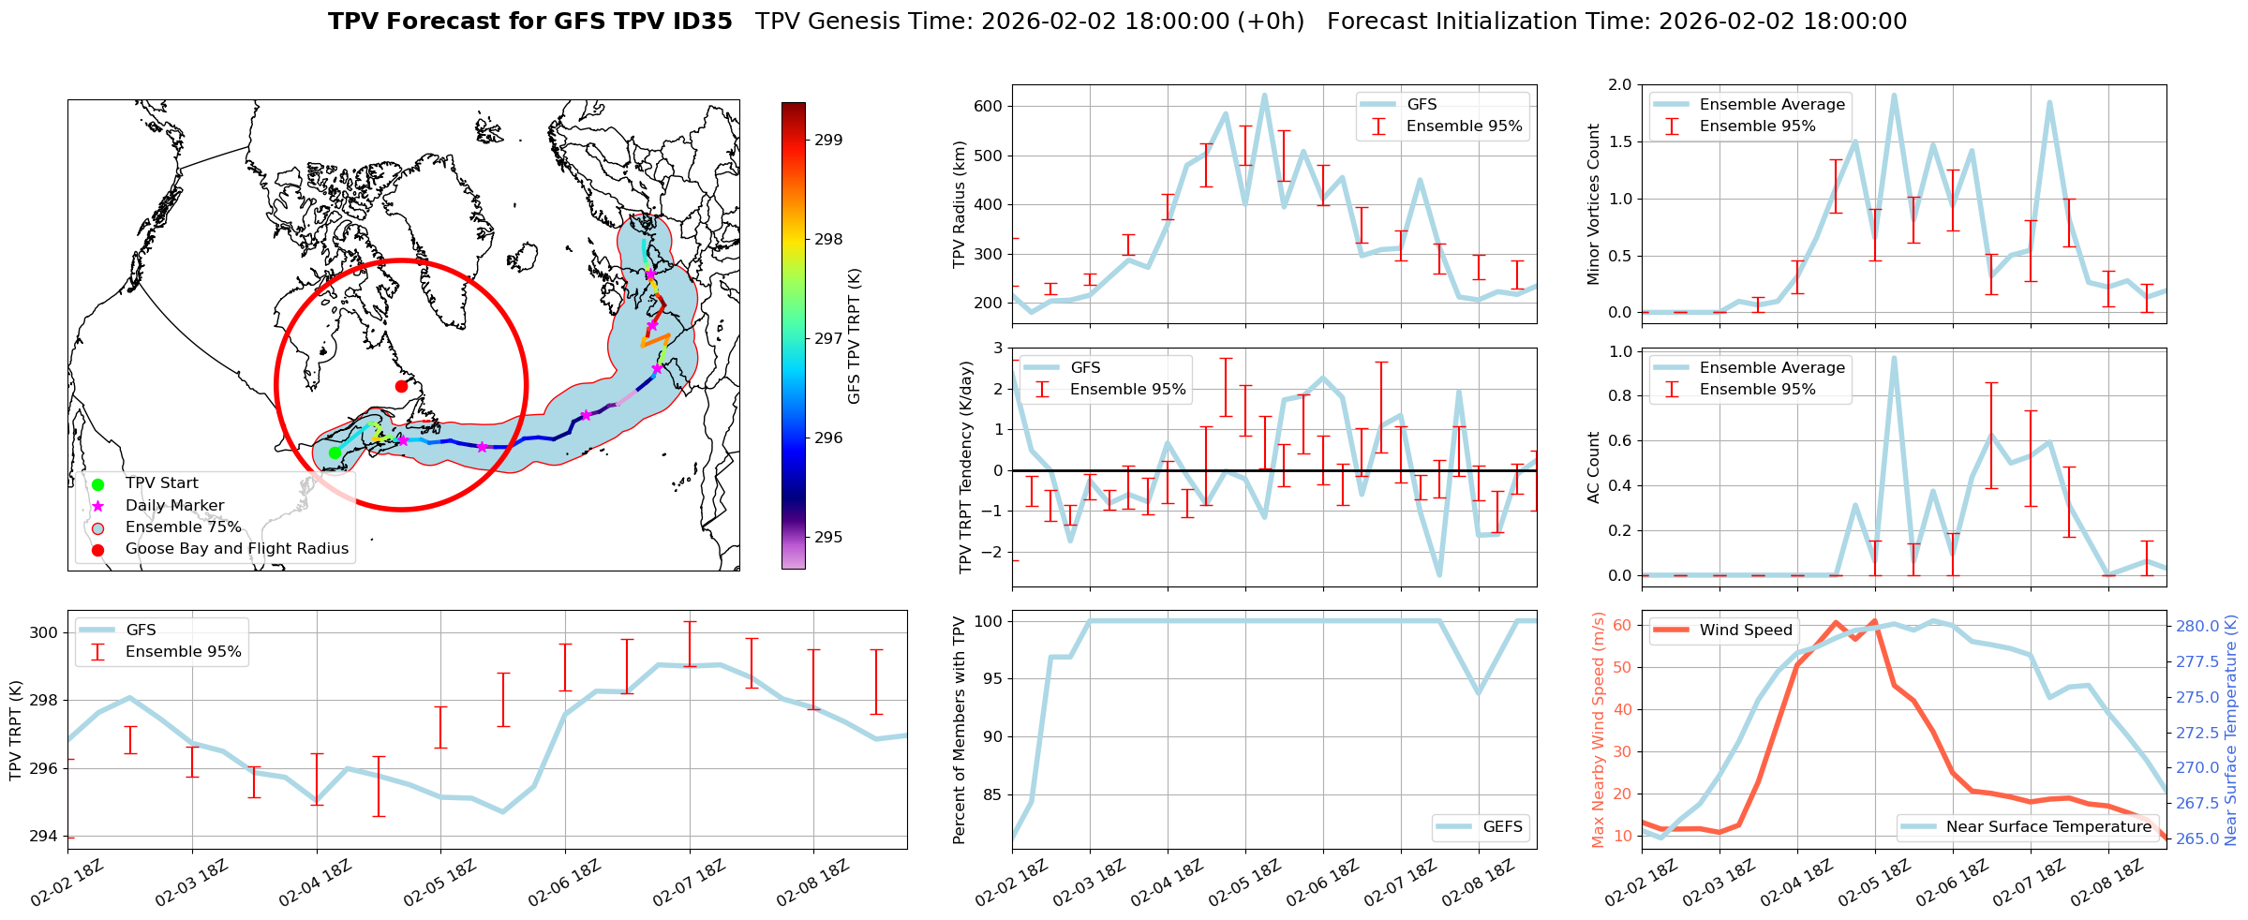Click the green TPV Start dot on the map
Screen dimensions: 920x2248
click(x=335, y=453)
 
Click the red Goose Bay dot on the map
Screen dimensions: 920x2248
click(x=401, y=386)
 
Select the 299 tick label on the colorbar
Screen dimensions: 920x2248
click(x=828, y=141)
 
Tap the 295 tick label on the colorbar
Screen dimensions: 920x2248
click(x=828, y=538)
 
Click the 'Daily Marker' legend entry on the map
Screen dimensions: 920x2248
click(x=174, y=506)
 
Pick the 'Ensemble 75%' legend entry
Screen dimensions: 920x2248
click(x=183, y=527)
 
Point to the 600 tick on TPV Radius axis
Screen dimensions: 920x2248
click(x=989, y=107)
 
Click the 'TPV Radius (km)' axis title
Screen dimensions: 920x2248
click(x=960, y=204)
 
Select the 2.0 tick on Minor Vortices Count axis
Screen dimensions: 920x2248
click(x=1619, y=85)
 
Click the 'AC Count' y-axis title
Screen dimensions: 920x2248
click(x=1594, y=467)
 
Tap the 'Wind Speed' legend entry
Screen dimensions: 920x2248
click(x=1745, y=631)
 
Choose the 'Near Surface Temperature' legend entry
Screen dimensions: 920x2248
click(x=2048, y=827)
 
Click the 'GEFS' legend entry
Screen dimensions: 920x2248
click(x=1502, y=827)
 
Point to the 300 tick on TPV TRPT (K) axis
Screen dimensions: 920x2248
click(x=43, y=633)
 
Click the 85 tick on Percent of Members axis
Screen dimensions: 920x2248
click(x=993, y=795)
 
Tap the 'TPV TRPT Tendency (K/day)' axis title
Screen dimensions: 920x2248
click(x=966, y=467)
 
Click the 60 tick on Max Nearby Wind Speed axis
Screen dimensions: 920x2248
click(x=1622, y=626)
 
